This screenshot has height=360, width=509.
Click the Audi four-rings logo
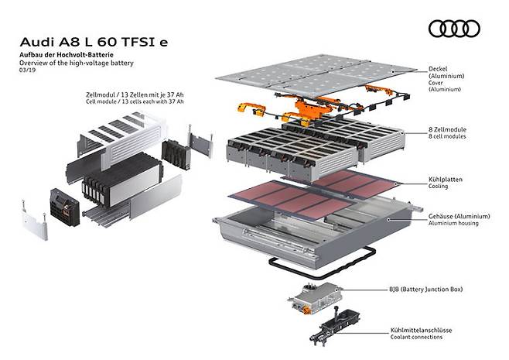click(x=454, y=29)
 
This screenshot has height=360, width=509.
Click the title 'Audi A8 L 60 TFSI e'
click(x=94, y=43)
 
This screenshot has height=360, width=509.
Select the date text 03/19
click(x=27, y=70)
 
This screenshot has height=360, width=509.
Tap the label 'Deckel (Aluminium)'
click(x=446, y=72)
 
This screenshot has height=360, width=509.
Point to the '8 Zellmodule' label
click(x=447, y=129)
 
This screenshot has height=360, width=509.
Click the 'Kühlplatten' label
click(x=445, y=180)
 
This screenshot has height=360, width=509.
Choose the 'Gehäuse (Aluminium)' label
click(x=459, y=216)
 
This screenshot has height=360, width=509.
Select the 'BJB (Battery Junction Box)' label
click(x=426, y=290)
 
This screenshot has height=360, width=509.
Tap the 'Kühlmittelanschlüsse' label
click(x=421, y=331)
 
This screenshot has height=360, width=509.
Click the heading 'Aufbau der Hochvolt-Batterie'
click(x=67, y=55)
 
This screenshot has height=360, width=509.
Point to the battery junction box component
click(x=314, y=298)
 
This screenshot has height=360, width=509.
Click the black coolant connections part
click(x=335, y=325)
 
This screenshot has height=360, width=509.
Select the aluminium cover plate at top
click(x=316, y=76)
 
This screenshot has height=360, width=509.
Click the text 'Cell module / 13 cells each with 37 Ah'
click(x=135, y=101)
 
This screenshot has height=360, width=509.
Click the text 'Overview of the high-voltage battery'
click(x=77, y=63)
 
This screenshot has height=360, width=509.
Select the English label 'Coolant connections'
click(x=416, y=338)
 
